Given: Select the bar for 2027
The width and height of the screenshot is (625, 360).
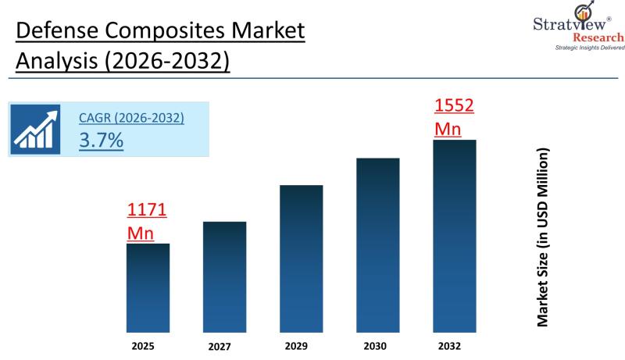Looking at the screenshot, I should point(224,276).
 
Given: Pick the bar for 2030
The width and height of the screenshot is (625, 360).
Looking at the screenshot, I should point(377,245).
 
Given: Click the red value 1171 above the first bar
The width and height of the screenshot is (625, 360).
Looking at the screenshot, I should point(147,211).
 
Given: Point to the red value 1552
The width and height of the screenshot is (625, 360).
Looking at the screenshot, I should point(454,106).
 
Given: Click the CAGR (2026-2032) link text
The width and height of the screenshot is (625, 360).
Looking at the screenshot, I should point(131,119).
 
